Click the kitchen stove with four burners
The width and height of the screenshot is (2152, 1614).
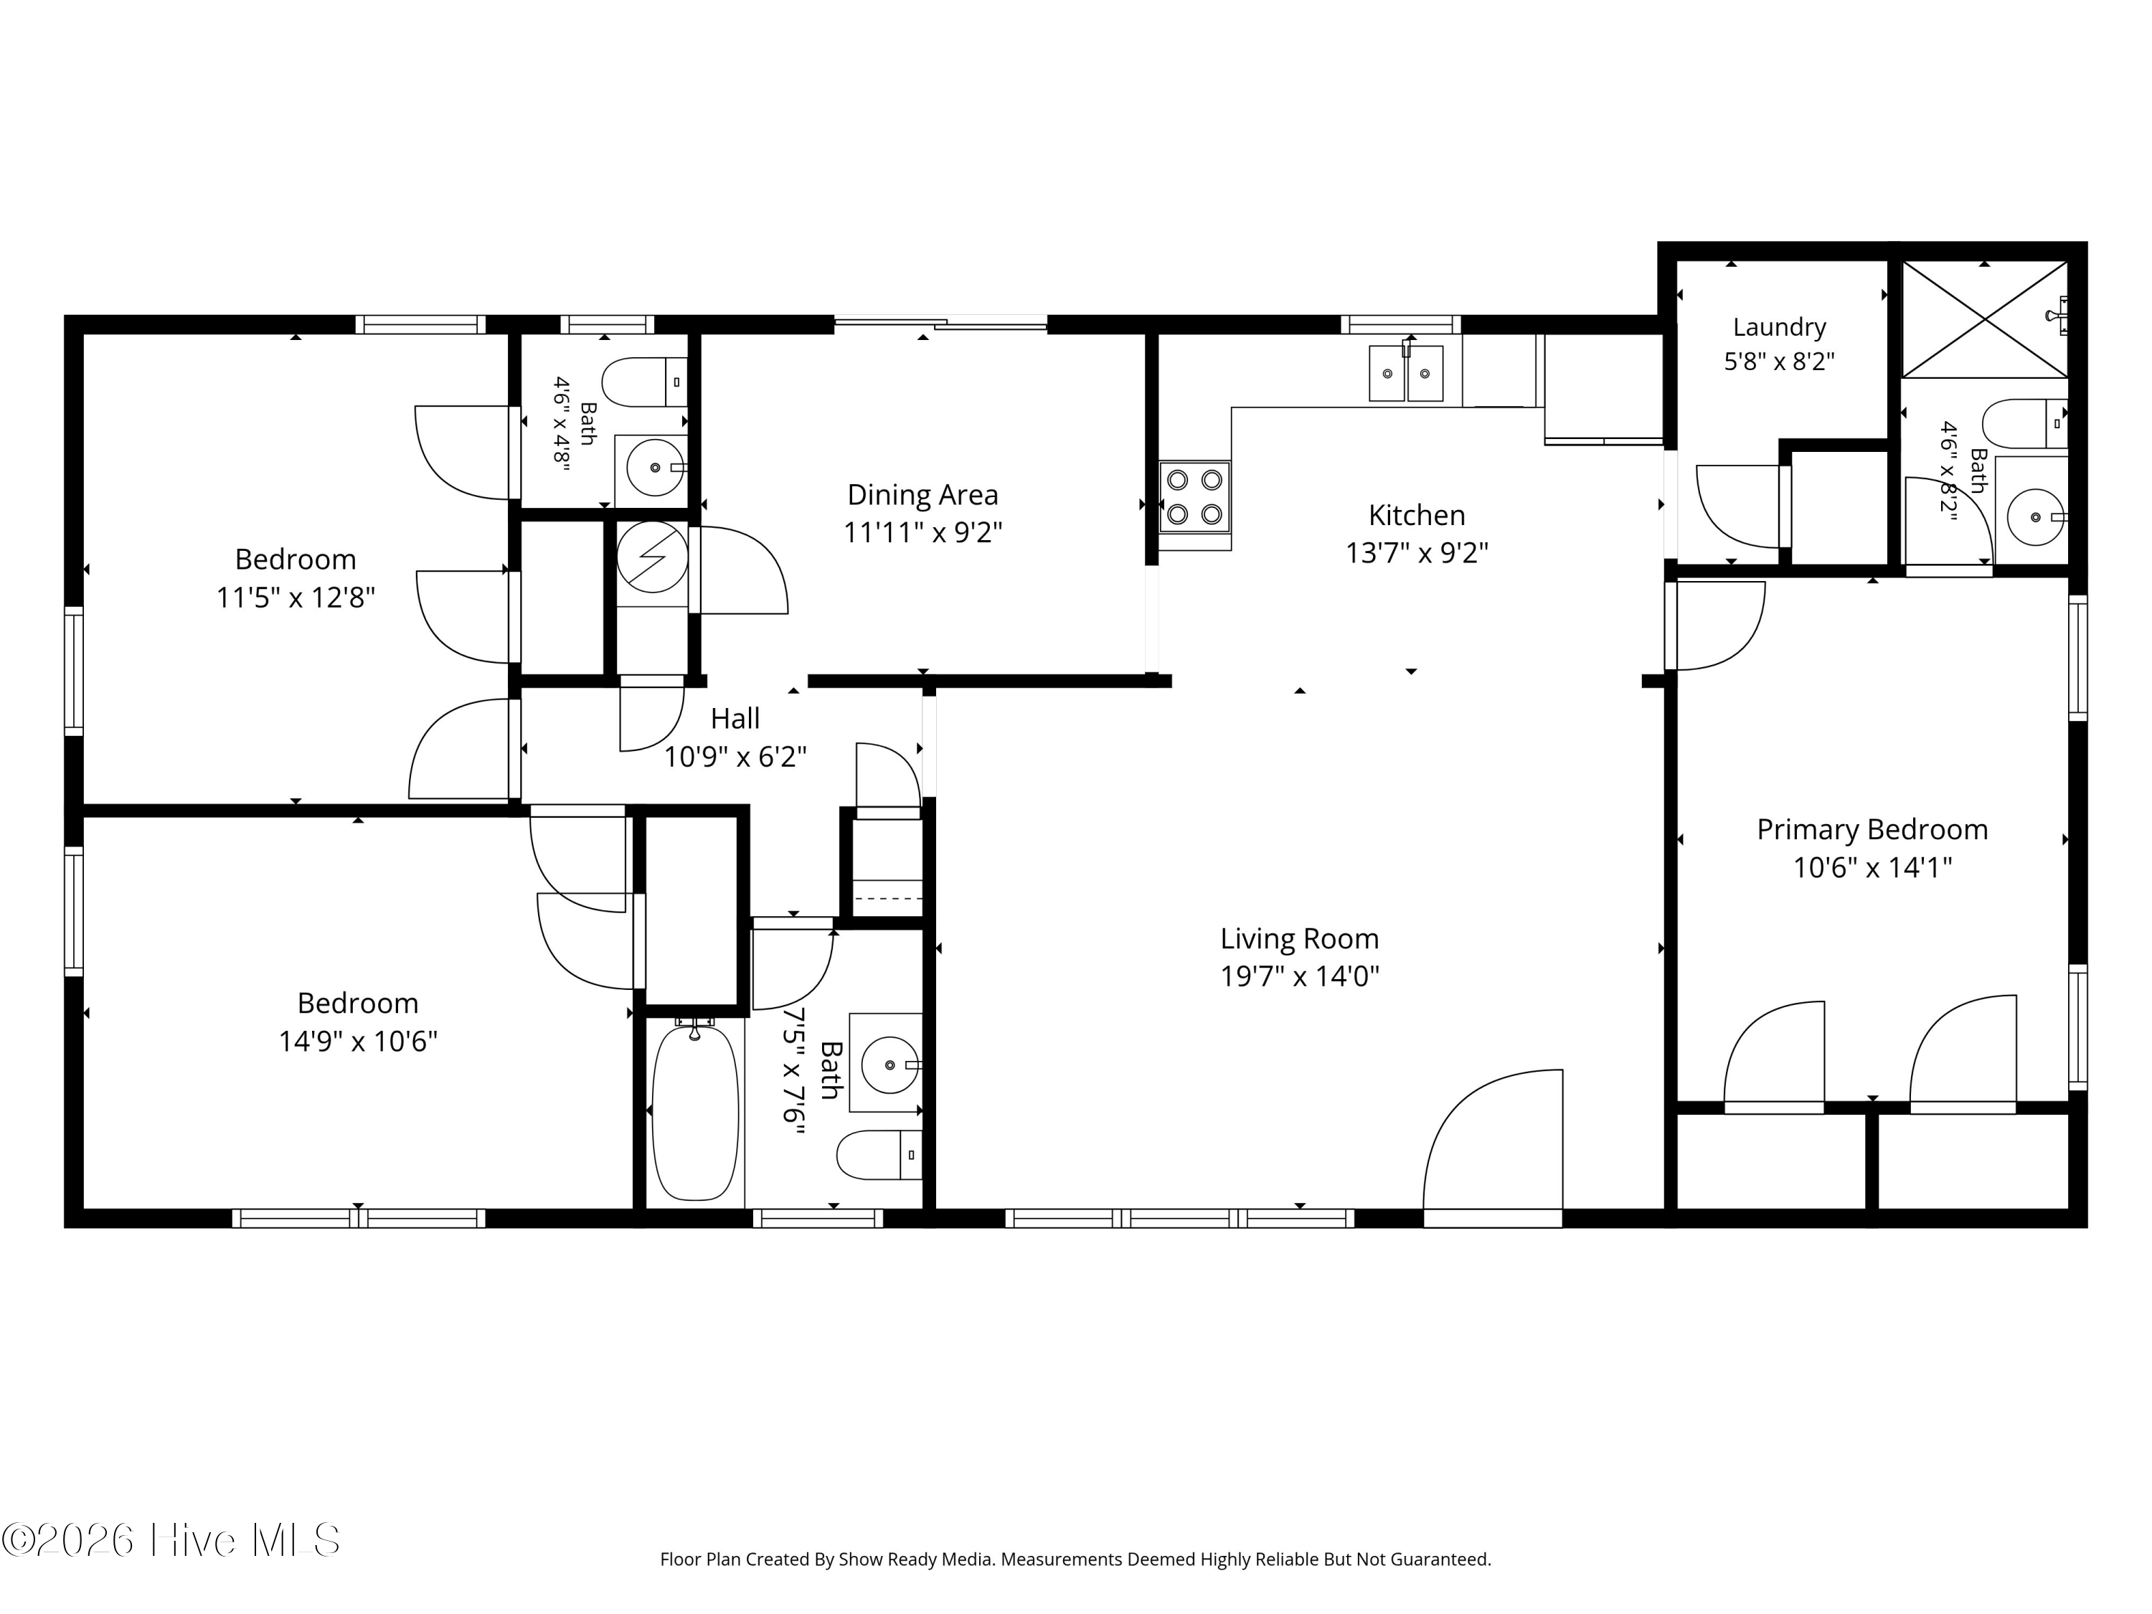pyautogui.click(x=1194, y=497)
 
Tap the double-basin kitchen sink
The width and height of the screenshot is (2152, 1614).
pyautogui.click(x=1406, y=372)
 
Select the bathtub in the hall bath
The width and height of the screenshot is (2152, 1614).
pyautogui.click(x=694, y=1112)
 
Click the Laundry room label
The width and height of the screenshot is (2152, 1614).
pyautogui.click(x=1780, y=327)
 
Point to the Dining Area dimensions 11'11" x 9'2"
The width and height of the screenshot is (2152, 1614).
pyautogui.click(x=922, y=533)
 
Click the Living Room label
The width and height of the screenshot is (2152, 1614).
pyautogui.click(x=1300, y=939)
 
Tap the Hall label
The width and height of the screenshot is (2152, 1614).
pyautogui.click(x=735, y=719)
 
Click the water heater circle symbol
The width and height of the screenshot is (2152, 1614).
pyautogui.click(x=653, y=557)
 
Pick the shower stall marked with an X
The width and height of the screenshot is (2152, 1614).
pyautogui.click(x=1985, y=319)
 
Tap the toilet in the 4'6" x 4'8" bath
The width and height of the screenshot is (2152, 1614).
pyautogui.click(x=644, y=382)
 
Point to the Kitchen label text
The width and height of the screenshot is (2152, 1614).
pyautogui.click(x=1417, y=514)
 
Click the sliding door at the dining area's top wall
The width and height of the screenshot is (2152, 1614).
pyautogui.click(x=940, y=323)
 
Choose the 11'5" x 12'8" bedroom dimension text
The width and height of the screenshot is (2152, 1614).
pyautogui.click(x=296, y=598)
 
